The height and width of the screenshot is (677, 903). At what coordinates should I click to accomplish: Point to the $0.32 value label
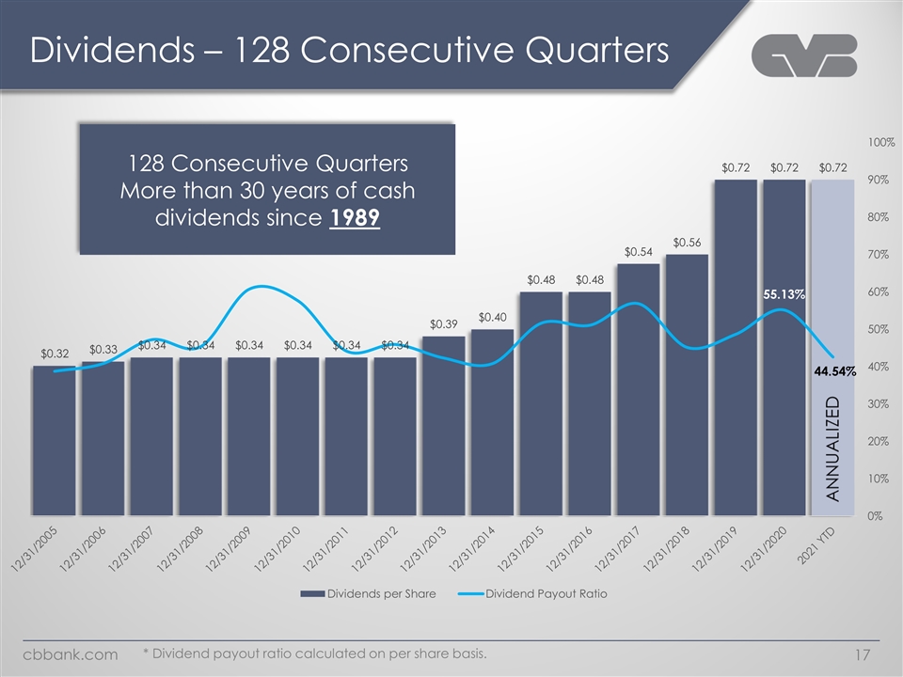click(x=54, y=354)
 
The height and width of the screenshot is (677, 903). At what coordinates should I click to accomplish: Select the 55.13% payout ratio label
click(x=784, y=294)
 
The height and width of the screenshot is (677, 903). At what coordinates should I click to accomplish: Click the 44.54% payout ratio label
click(x=834, y=372)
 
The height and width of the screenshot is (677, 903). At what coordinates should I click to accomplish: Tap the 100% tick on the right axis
click(x=881, y=143)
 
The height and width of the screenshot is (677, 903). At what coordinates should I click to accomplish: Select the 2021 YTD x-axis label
click(x=823, y=546)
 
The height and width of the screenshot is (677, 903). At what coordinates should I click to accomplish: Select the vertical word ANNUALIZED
click(x=832, y=449)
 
